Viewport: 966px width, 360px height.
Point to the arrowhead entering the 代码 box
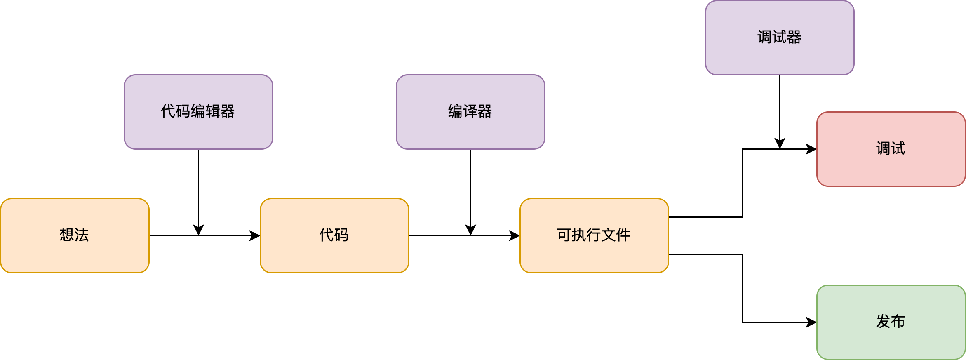[255, 235]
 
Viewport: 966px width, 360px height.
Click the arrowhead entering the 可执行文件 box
[515, 235]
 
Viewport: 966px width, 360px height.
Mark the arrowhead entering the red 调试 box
[812, 149]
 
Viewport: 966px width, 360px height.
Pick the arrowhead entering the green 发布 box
[812, 322]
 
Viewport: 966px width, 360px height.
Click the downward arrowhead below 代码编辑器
[198, 230]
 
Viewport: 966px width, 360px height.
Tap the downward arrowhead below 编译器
[470, 230]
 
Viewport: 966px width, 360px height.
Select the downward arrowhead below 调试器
[780, 144]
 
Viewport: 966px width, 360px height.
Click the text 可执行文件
[594, 235]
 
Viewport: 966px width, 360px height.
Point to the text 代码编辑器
[198, 111]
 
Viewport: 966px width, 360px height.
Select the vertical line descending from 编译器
[470, 186]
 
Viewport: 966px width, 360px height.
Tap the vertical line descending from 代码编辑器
[198, 186]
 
